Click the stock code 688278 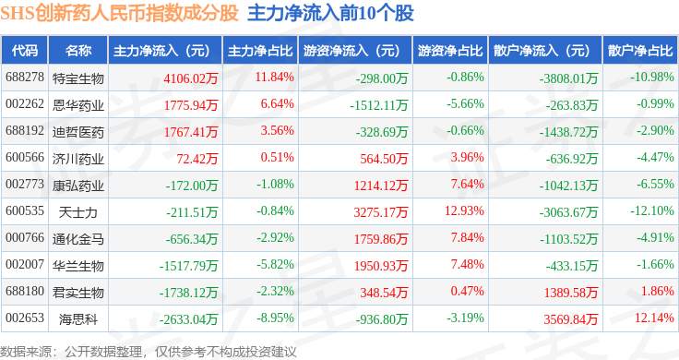pos(25,78)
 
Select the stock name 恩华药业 pos(78,105)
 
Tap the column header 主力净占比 pos(260,51)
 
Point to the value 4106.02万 pos(191,78)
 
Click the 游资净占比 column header pos(450,51)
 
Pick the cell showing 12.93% pos(464,211)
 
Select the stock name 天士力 pos(77,212)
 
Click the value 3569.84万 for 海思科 pos(571,319)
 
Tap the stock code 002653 pos(25,318)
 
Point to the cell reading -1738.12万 pos(188,293)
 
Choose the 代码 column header pos(25,51)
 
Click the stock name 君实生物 pos(78,293)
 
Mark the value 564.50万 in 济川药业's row pos(384,159)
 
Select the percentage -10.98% pos(652,78)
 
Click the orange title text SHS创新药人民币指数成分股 pos(120,13)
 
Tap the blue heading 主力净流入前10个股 pos(331,13)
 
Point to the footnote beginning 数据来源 pos(149,352)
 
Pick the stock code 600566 pos(25,157)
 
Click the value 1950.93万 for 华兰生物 pos(381,266)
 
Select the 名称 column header pos(78,51)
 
